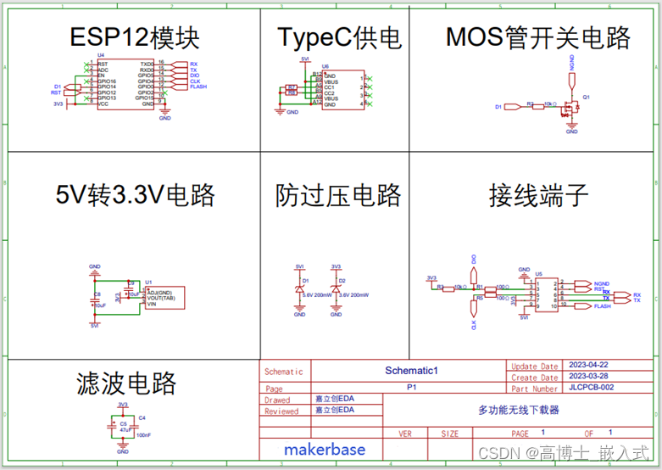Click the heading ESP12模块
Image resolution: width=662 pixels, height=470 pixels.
click(x=135, y=38)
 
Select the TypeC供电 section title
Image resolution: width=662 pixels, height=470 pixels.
click(x=339, y=38)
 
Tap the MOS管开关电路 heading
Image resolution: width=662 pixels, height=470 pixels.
click(x=537, y=38)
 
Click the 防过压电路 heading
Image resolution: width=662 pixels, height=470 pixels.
click(x=338, y=196)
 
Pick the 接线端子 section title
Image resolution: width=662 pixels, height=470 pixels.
click(x=538, y=196)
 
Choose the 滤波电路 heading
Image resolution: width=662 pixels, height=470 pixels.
click(x=126, y=383)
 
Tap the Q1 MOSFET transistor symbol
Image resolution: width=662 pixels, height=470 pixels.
click(x=574, y=107)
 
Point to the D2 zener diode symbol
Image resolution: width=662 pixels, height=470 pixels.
click(x=336, y=290)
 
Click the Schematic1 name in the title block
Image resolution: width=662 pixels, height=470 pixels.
click(x=410, y=371)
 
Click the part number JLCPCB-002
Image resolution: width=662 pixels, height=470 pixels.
click(x=588, y=388)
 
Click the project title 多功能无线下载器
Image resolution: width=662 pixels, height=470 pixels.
click(x=519, y=410)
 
